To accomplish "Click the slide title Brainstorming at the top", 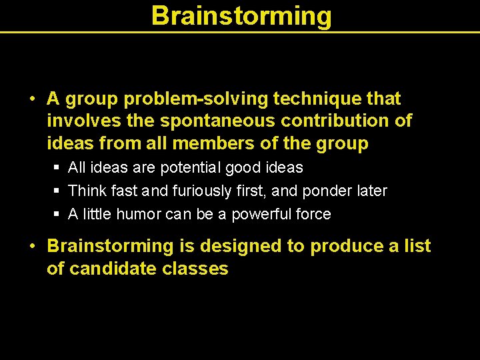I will pos(241,15).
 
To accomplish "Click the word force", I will pos(313,214).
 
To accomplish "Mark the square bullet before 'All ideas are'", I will pos(57,168).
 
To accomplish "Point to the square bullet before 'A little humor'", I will pos(57,215).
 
